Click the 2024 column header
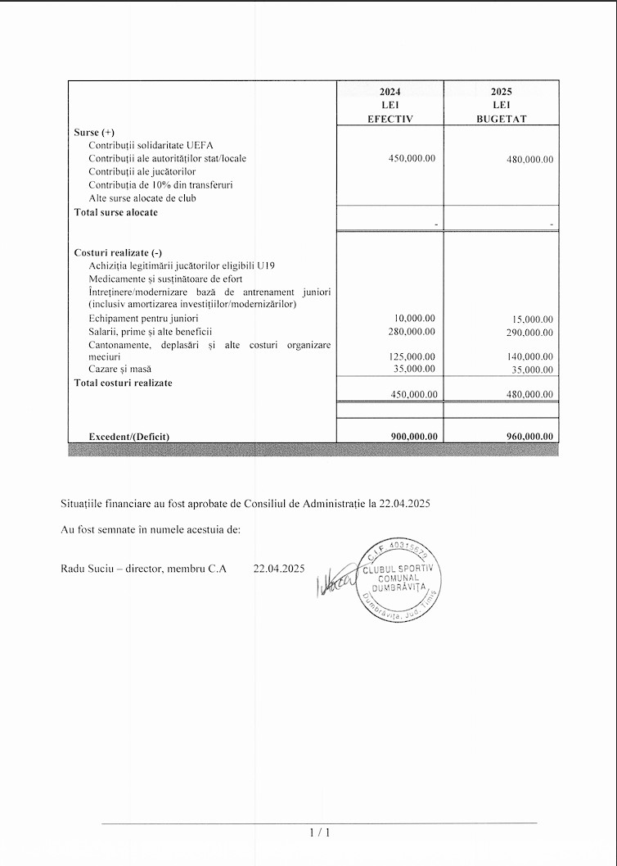(x=390, y=92)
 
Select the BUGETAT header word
(x=501, y=119)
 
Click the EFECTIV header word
(x=390, y=119)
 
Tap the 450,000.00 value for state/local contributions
(x=412, y=158)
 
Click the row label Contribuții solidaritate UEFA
(x=151, y=145)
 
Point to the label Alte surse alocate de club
(x=142, y=197)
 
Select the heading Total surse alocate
(x=116, y=212)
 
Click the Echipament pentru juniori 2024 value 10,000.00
(x=415, y=318)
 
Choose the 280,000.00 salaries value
(x=412, y=331)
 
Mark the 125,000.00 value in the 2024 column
(x=412, y=356)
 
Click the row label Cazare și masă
(x=120, y=370)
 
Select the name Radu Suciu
(x=85, y=568)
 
